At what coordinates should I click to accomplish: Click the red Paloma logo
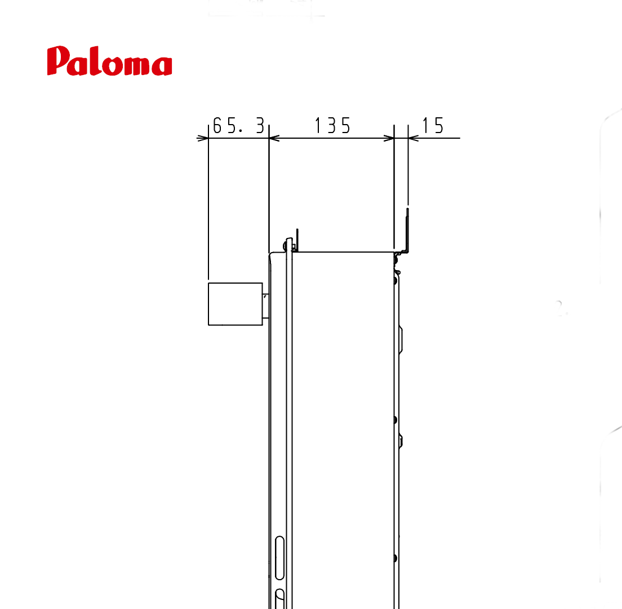[x=109, y=61]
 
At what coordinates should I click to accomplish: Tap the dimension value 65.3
[x=238, y=126]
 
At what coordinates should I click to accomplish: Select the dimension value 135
[x=332, y=126]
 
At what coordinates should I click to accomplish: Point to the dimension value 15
[x=432, y=126]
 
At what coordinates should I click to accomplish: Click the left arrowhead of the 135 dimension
[x=274, y=138]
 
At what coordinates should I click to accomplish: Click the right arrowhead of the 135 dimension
[x=389, y=138]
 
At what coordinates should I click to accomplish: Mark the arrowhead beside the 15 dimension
[x=414, y=138]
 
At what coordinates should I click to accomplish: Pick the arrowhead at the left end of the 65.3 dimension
[x=203, y=138]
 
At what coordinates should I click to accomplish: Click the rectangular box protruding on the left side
[x=236, y=304]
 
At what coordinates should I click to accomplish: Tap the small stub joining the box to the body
[x=266, y=306]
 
